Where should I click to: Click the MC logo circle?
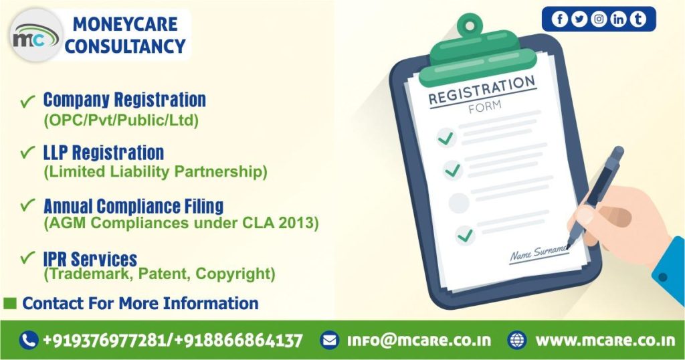tap(36, 35)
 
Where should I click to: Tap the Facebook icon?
tap(560, 19)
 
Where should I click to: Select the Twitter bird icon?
tap(579, 19)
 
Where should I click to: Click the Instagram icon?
tap(599, 19)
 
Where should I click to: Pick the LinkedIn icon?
tap(619, 19)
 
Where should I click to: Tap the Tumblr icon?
tap(638, 19)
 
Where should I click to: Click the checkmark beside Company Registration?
tap(27, 101)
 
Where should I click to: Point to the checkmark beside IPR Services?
tap(27, 258)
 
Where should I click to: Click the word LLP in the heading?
tap(55, 153)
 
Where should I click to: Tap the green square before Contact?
tap(10, 302)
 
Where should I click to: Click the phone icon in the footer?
tap(29, 341)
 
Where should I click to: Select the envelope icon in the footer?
tap(329, 341)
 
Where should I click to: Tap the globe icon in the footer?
tap(517, 341)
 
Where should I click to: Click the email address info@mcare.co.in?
tap(419, 341)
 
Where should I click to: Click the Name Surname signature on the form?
tap(539, 254)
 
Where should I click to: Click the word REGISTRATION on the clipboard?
tap(482, 90)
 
